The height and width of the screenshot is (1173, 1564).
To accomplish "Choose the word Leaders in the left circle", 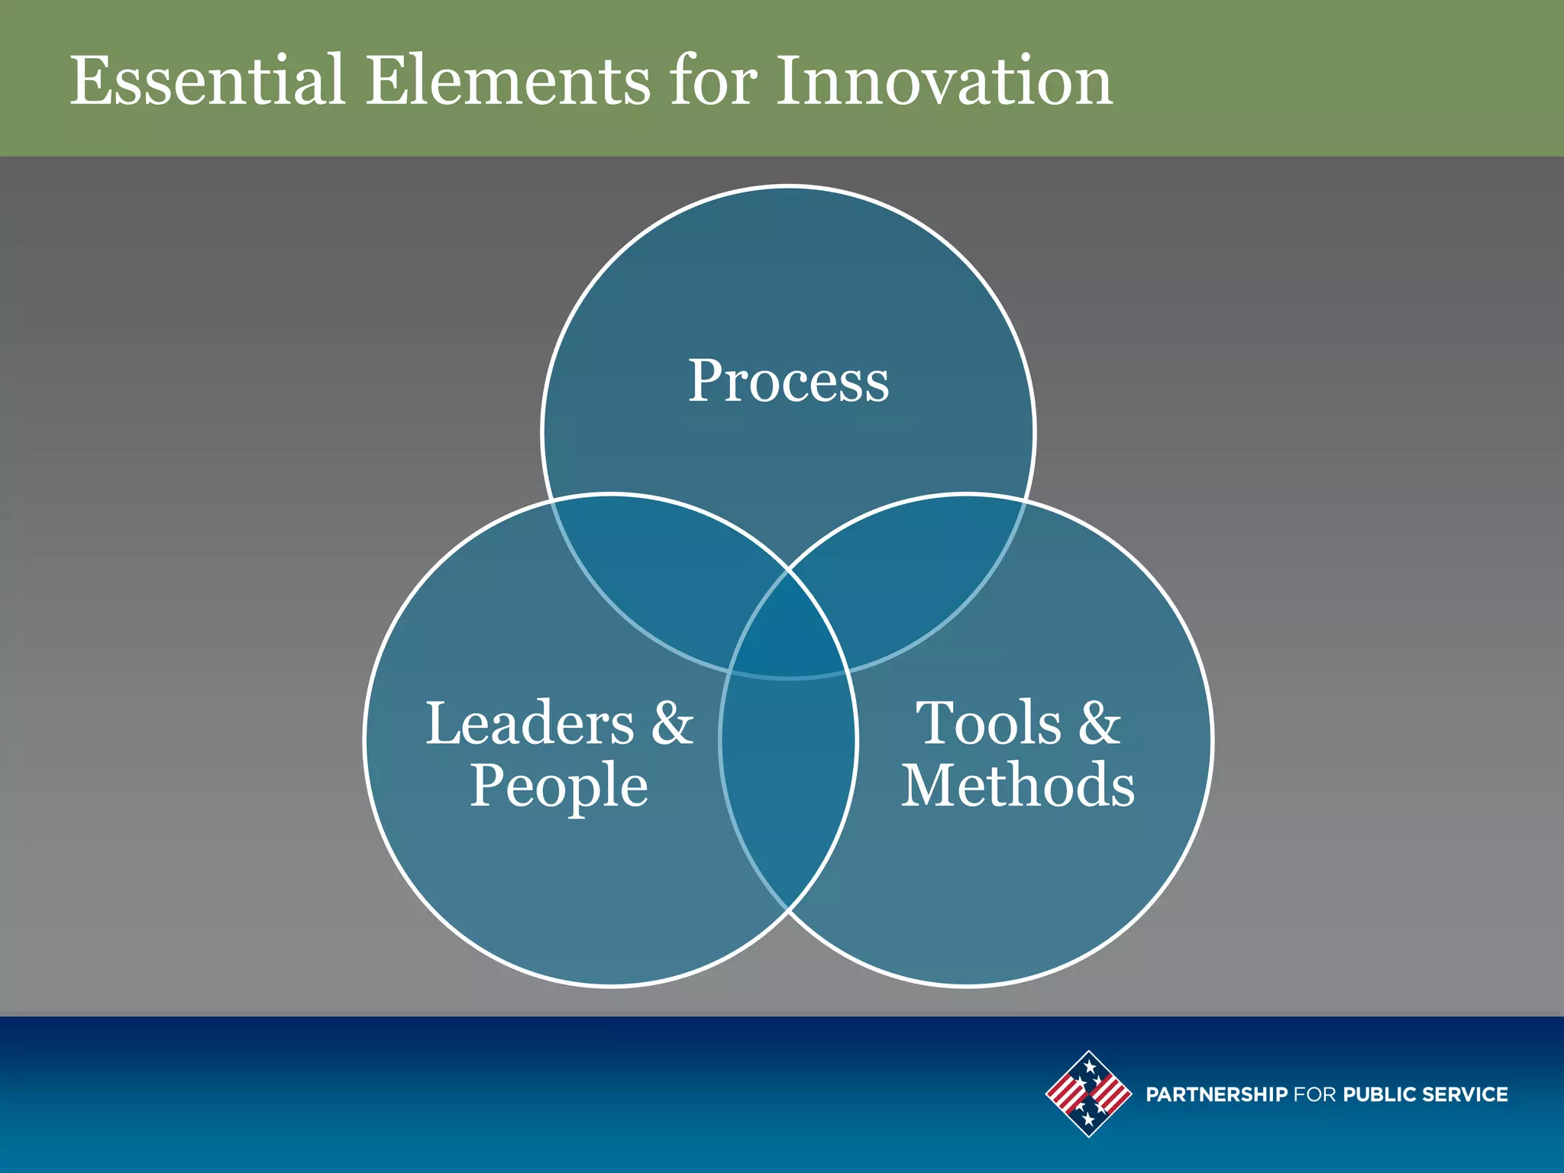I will pyautogui.click(x=529, y=723).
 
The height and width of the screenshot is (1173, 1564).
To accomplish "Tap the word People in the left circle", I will pyautogui.click(x=558, y=786).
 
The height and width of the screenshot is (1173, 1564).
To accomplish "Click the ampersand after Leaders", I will pyautogui.click(x=672, y=723).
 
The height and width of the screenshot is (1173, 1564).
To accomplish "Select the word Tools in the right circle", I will pyautogui.click(x=988, y=723).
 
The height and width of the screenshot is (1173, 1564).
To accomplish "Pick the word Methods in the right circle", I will pyautogui.click(x=1018, y=786).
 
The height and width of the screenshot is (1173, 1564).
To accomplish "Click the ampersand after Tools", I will pyautogui.click(x=1100, y=723).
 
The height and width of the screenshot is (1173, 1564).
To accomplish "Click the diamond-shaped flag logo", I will pyautogui.click(x=1088, y=1094).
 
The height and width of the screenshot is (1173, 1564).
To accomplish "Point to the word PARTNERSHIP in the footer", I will pyautogui.click(x=1217, y=1094).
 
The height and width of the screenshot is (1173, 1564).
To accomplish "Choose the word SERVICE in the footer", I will pyautogui.click(x=1465, y=1094).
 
